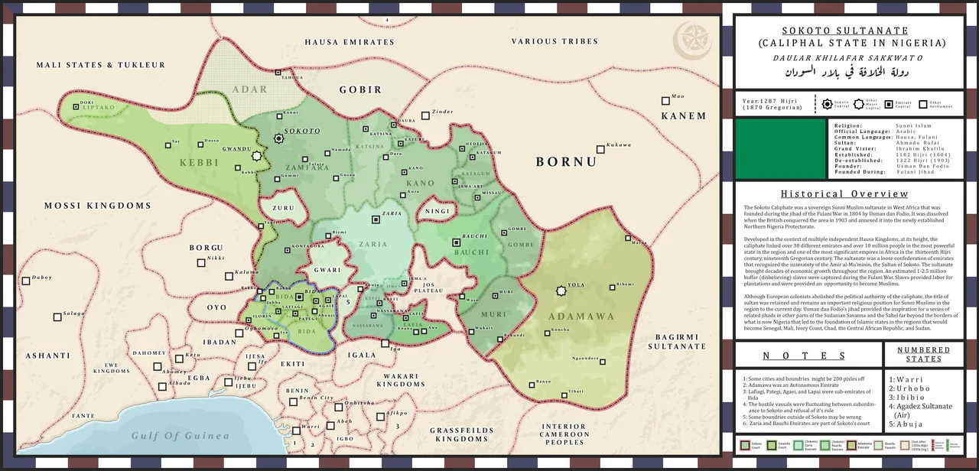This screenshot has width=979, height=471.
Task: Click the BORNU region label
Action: tap(565, 162)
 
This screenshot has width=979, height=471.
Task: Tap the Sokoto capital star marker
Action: tap(278, 138)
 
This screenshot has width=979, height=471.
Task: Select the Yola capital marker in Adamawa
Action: tap(561, 291)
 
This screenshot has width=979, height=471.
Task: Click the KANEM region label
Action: tap(684, 116)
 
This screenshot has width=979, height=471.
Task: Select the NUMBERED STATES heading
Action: tap(923, 355)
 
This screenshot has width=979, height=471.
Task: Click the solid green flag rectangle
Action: tap(779, 148)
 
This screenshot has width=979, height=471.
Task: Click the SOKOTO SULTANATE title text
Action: tap(848, 31)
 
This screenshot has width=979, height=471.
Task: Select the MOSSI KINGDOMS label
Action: tap(98, 206)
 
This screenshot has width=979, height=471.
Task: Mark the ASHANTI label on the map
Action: tap(47, 356)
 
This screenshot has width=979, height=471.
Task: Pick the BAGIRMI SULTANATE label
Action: tap(677, 341)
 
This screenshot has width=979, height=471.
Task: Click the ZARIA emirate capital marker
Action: tap(376, 219)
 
